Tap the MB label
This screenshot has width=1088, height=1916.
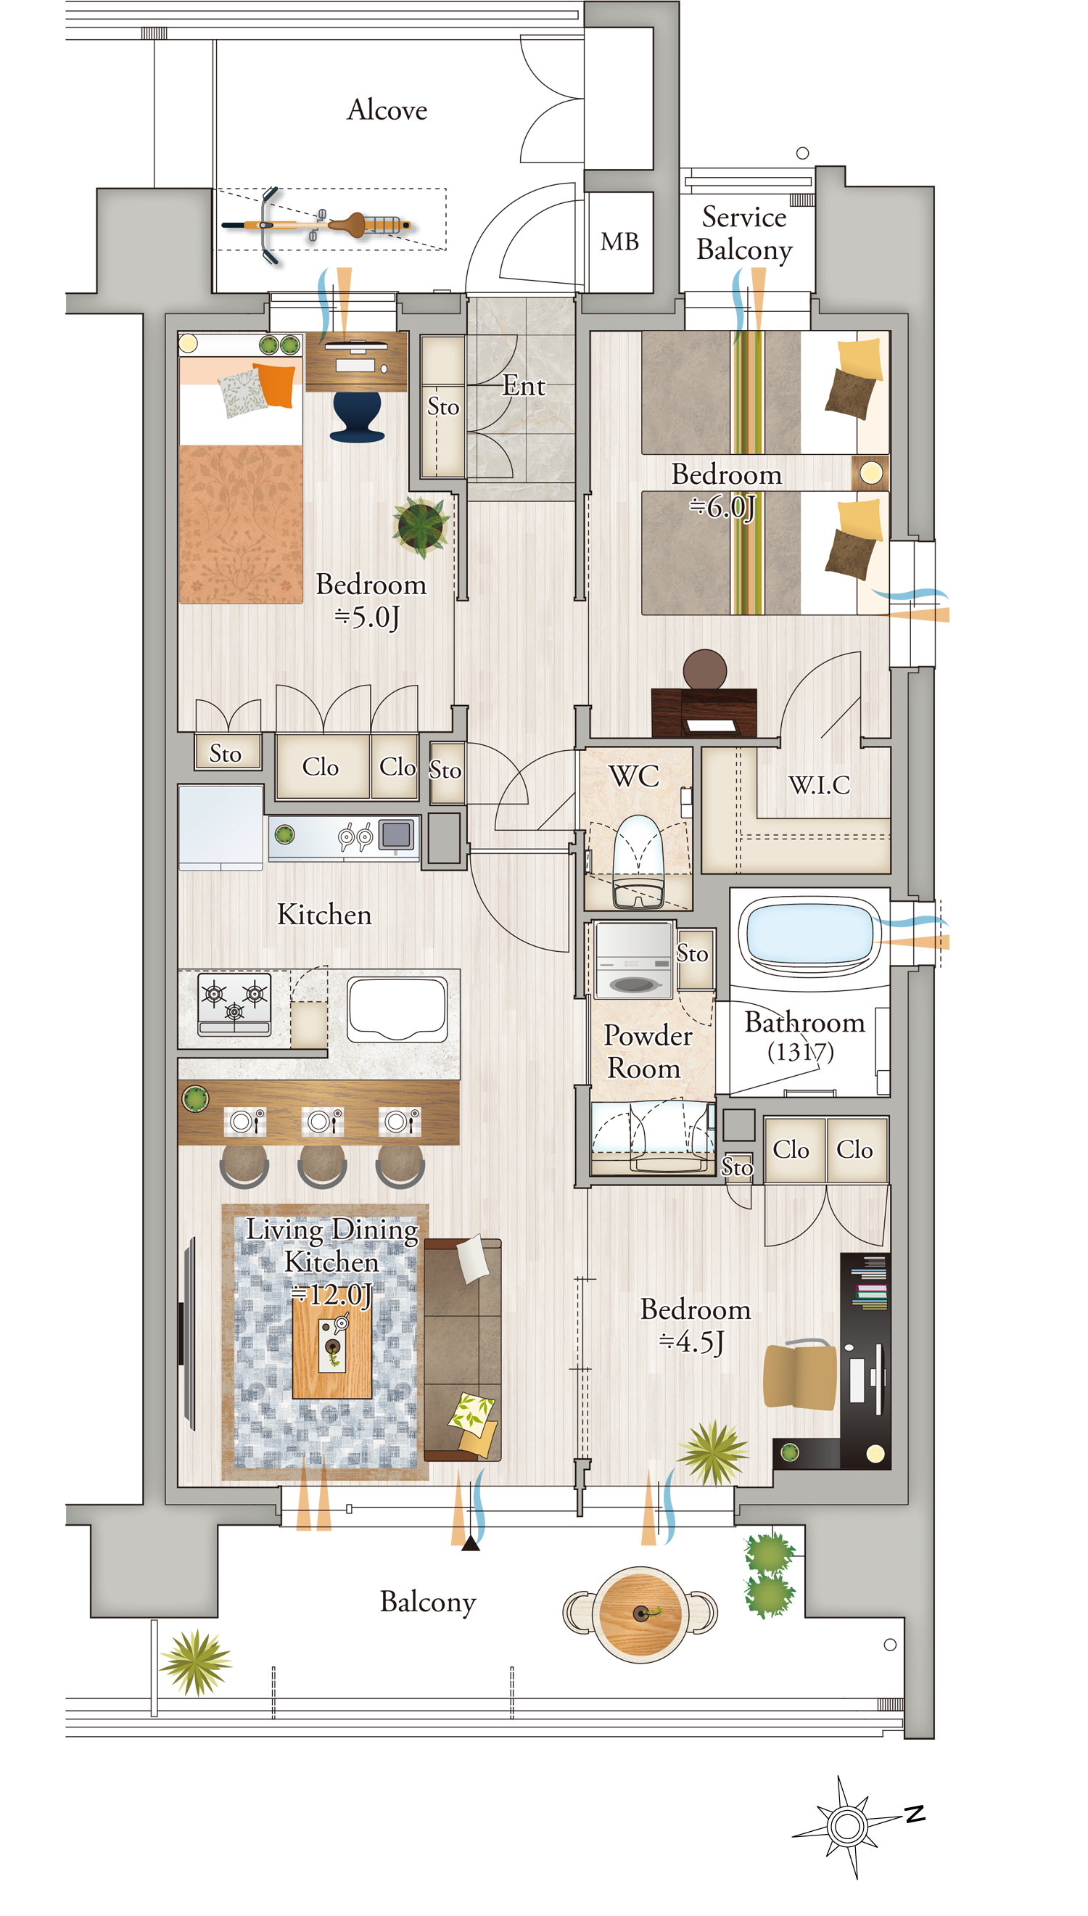point(619,242)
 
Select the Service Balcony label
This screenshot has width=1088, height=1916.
point(744,233)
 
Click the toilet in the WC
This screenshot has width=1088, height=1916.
point(638,861)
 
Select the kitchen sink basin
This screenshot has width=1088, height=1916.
point(397,1008)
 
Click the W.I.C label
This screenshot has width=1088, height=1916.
point(819,785)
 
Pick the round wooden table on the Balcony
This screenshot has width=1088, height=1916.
point(641,1613)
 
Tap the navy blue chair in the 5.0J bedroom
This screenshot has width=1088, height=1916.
point(356,416)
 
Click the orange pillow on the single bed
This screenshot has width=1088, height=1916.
point(275,384)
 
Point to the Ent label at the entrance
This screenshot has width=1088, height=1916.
point(523,385)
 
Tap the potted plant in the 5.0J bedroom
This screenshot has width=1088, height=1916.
point(421,526)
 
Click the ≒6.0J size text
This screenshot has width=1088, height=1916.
point(722,506)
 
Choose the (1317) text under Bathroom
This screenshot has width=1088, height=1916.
point(800,1051)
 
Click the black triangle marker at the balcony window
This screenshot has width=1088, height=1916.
point(471,1544)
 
